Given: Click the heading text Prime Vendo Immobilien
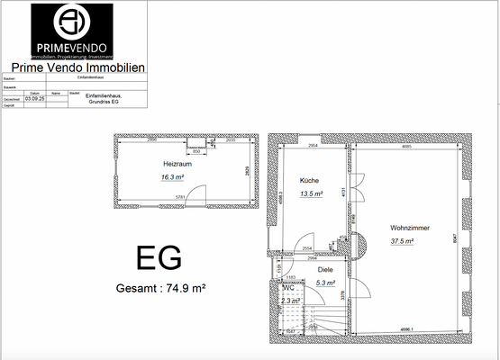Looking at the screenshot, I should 78,67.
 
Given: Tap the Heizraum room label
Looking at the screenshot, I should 177,166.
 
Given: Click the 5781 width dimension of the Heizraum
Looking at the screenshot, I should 180,198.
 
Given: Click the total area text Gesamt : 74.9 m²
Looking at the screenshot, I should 161,289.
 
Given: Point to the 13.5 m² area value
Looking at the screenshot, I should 312,193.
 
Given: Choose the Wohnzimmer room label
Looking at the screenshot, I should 410,228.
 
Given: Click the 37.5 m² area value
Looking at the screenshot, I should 402,241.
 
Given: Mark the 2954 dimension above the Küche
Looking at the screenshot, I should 313,145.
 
